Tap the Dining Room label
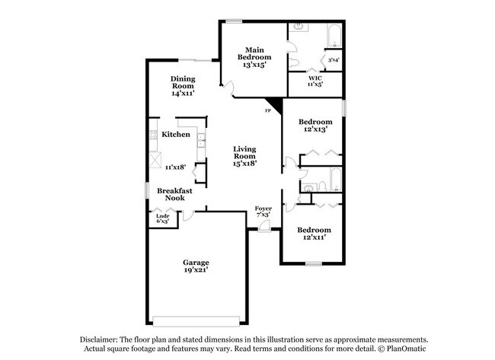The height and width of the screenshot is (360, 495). point(183,78)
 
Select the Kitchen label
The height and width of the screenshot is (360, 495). point(176,135)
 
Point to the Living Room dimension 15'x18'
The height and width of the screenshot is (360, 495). point(244,162)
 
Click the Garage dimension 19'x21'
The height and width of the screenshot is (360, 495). point(195,269)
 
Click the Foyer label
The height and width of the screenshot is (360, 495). point(263,208)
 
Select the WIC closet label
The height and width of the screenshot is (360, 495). point(315,78)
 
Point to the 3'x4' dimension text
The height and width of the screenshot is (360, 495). point(334,59)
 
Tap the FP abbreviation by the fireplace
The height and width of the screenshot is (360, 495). point(267,112)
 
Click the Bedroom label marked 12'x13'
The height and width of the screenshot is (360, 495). point(315,122)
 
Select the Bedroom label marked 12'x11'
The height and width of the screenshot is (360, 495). point(314,230)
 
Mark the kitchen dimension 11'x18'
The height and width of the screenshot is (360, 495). point(175,167)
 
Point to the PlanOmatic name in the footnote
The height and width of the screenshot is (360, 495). point(407,349)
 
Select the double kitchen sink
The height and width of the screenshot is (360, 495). point(200,140)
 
